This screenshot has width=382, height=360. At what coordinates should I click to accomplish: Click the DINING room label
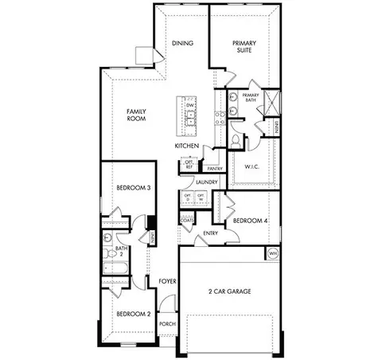pos(182,43)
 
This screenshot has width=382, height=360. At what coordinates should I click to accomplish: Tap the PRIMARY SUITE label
pos(244,46)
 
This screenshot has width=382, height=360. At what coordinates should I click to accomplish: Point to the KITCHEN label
pos(187,147)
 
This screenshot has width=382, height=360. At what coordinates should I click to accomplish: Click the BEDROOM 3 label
pos(134,188)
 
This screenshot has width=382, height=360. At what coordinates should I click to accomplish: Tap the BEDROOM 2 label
pos(133,314)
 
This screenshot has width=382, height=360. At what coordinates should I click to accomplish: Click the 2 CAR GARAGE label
pos(229,292)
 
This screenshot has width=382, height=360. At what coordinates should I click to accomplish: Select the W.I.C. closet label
pos(254,166)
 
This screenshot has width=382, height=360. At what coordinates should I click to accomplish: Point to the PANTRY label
pos(213,169)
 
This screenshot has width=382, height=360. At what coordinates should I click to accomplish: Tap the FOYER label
pos(167,282)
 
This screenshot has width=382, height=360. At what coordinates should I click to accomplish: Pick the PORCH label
pos(167,324)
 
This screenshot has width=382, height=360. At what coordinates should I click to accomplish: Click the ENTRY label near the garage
pos(211,233)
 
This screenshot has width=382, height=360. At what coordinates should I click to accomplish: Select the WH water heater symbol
pos(273,253)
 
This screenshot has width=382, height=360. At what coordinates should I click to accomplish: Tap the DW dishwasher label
pos(190,106)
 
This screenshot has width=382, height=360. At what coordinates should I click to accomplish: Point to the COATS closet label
pos(188,219)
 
